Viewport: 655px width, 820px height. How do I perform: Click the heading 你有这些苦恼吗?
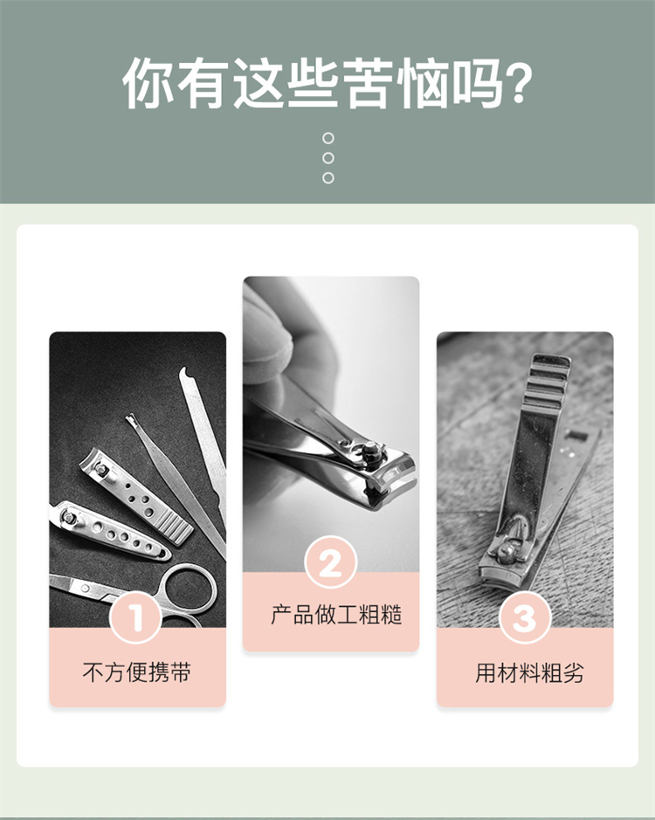(x=327, y=83)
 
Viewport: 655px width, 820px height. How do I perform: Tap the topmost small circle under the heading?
(x=328, y=138)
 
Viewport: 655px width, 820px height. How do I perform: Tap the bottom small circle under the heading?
(x=328, y=178)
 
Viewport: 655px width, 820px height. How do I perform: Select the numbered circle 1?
(x=135, y=617)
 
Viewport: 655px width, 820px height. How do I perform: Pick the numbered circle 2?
(x=331, y=563)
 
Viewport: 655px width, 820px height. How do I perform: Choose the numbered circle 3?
(x=525, y=618)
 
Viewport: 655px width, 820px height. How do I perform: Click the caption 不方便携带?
(x=137, y=672)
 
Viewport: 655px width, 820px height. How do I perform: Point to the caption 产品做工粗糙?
(x=336, y=615)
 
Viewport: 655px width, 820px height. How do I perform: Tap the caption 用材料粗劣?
(x=529, y=672)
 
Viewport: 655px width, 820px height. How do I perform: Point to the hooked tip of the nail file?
(x=184, y=373)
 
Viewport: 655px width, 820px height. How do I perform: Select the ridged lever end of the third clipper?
(x=548, y=380)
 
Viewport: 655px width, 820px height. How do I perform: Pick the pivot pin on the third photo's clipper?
(x=507, y=552)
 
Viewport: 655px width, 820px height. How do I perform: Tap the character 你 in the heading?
(x=148, y=83)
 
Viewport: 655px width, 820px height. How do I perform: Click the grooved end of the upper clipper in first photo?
(x=172, y=527)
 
